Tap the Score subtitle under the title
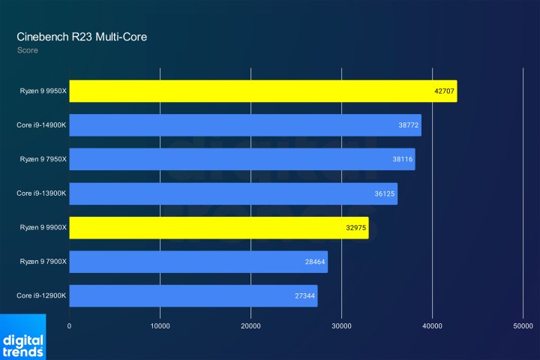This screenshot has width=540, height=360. (28, 51)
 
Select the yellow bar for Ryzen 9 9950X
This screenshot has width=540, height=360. (262, 91)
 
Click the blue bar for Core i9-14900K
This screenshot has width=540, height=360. (244, 125)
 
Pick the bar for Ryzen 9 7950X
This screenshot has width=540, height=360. (241, 159)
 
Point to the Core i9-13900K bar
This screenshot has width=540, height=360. (232, 193)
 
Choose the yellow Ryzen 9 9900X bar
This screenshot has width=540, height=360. (218, 227)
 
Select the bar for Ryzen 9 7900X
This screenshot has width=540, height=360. (198, 262)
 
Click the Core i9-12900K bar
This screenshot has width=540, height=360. (193, 295)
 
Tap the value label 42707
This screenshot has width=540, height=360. (444, 91)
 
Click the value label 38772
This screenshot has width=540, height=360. (409, 125)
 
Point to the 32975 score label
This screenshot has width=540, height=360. (356, 228)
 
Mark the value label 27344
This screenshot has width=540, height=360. (305, 296)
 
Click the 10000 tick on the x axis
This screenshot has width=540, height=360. (160, 326)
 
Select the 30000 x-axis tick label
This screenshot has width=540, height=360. (341, 326)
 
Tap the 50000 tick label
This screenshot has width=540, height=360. (523, 326)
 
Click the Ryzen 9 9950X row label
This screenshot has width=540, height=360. (43, 91)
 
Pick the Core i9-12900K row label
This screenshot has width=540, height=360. (42, 295)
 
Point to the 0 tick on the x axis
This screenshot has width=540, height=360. (70, 326)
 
